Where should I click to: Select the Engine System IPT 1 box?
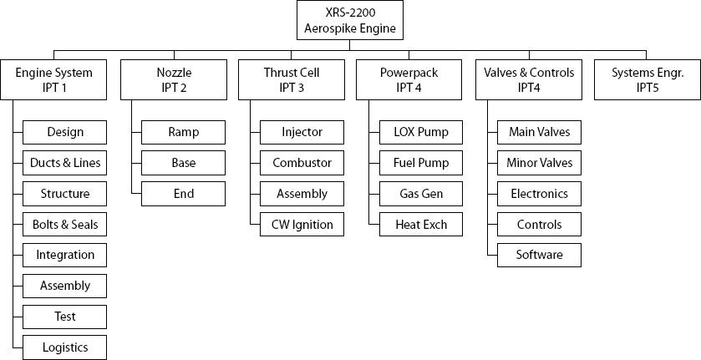tap(53, 79)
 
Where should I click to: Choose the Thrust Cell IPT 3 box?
tap(291, 79)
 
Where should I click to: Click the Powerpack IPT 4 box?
tap(409, 79)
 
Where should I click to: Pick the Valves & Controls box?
tap(529, 79)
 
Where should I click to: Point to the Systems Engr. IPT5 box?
tap(648, 79)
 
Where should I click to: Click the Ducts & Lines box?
tap(65, 163)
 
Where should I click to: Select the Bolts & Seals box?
tap(65, 225)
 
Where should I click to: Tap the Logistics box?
tap(65, 347)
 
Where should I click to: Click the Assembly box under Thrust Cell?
tap(302, 194)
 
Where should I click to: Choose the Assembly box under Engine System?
tap(65, 286)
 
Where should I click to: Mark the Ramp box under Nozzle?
tap(183, 132)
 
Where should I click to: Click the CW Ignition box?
tap(302, 225)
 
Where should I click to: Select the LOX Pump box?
tap(421, 132)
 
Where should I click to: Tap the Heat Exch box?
tap(421, 225)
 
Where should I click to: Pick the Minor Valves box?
tap(540, 163)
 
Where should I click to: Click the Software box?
tap(540, 255)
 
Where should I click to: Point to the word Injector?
tap(302, 132)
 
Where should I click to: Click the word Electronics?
tap(540, 194)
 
